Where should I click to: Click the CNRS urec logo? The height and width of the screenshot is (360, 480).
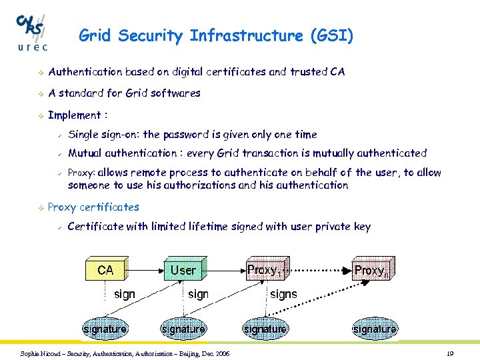tap(31, 31)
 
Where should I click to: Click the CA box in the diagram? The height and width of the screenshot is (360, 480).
tap(105, 270)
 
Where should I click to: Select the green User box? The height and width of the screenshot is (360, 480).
tap(184, 270)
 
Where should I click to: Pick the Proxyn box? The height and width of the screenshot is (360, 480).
tap(371, 270)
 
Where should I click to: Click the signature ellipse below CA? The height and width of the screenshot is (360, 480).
tap(105, 329)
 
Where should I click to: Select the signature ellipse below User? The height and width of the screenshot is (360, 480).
tap(183, 329)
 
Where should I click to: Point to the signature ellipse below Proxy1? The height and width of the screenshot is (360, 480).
tap(265, 329)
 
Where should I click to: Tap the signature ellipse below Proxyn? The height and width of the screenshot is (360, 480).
tap(375, 329)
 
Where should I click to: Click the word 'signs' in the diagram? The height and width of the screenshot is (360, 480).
tap(283, 294)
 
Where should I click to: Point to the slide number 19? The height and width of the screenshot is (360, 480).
tap(450, 353)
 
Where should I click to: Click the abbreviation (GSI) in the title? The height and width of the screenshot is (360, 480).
tap(331, 35)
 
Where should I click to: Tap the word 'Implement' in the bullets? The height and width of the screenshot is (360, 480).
tap(73, 115)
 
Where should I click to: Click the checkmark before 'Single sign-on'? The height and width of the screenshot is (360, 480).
tap(59, 135)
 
